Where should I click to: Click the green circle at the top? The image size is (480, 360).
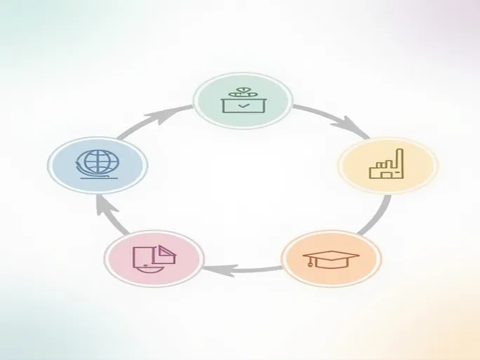click(x=242, y=102)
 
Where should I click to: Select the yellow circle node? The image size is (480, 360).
click(x=387, y=166)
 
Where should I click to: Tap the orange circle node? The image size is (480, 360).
click(x=331, y=258)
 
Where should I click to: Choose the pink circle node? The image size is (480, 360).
click(x=154, y=258)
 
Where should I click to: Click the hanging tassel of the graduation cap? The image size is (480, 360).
click(x=310, y=265)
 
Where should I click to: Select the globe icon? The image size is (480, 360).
click(x=98, y=164)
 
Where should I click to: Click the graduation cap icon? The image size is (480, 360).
click(x=331, y=258)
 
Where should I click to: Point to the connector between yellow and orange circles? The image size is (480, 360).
click(x=375, y=218)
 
